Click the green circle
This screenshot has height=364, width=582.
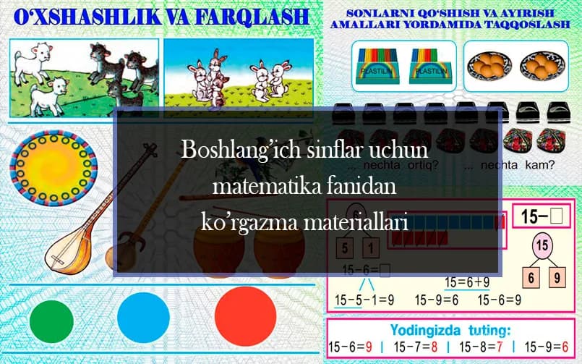click(x=52, y=316)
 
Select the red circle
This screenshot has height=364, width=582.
click(x=246, y=316)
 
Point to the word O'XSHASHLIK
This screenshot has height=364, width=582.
click(x=80, y=16)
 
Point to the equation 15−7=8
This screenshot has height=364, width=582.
click(x=416, y=347)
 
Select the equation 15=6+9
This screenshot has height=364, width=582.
click(x=467, y=282)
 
